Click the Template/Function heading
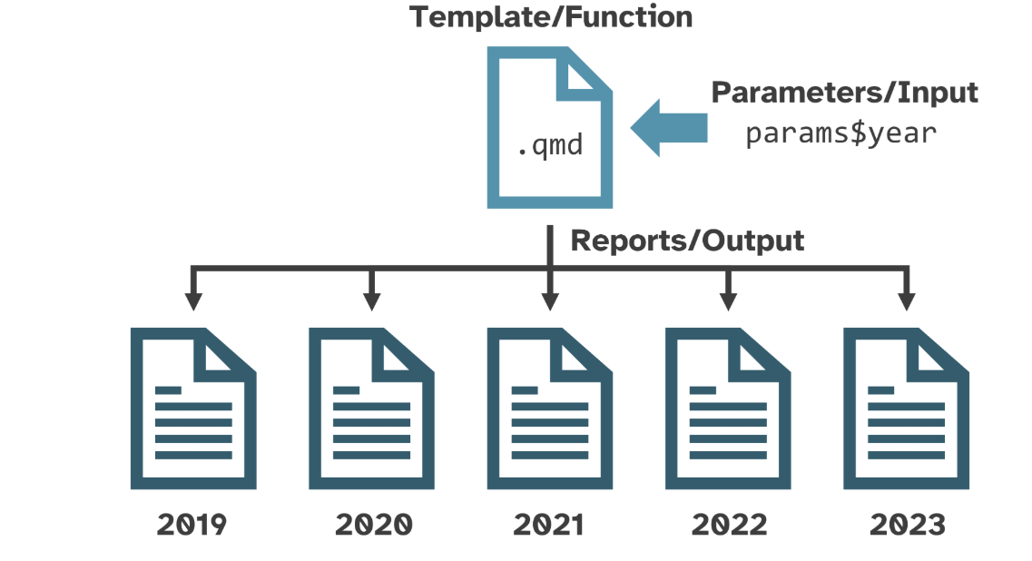(x=551, y=17)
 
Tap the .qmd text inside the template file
(x=550, y=145)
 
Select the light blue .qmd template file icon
(x=549, y=128)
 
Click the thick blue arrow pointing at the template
(x=669, y=128)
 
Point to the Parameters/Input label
(x=844, y=93)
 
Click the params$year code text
(x=840, y=133)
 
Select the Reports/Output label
(x=687, y=241)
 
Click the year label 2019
(x=192, y=525)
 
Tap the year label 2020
(x=374, y=525)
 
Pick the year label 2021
(x=548, y=525)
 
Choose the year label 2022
(x=729, y=525)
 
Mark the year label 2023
(x=908, y=525)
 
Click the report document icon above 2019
(x=193, y=408)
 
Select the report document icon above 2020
(x=372, y=408)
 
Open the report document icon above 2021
(x=550, y=408)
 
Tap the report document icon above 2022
(x=728, y=408)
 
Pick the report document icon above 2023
(x=907, y=408)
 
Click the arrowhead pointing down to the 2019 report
(x=193, y=300)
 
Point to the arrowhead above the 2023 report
(x=907, y=300)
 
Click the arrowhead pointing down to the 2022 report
(x=728, y=300)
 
